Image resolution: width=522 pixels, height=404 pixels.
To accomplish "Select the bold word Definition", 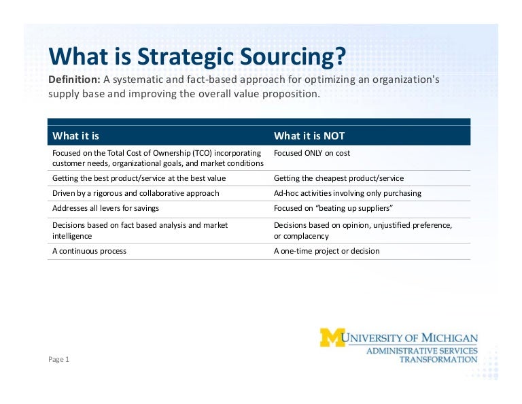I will point(73,80).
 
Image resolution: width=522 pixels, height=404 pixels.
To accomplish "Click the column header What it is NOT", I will point(309,135).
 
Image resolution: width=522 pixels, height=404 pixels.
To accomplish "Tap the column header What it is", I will point(75,135).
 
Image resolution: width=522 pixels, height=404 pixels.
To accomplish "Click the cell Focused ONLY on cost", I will point(311,153).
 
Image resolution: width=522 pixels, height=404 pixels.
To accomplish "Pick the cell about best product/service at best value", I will point(139,178).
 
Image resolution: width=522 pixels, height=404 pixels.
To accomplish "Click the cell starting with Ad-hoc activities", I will point(347,193).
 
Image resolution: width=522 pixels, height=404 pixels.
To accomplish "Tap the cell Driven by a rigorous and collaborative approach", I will point(135,193).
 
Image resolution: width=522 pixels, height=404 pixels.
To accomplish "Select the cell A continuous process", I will point(89,251).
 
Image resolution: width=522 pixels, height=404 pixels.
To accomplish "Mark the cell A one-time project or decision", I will point(326,251).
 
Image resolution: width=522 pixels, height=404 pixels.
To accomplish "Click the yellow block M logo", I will point(332,337).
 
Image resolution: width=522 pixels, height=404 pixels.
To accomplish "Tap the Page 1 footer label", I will point(58,359).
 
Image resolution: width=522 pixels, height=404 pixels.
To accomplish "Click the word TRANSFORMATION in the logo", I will point(438,359).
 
